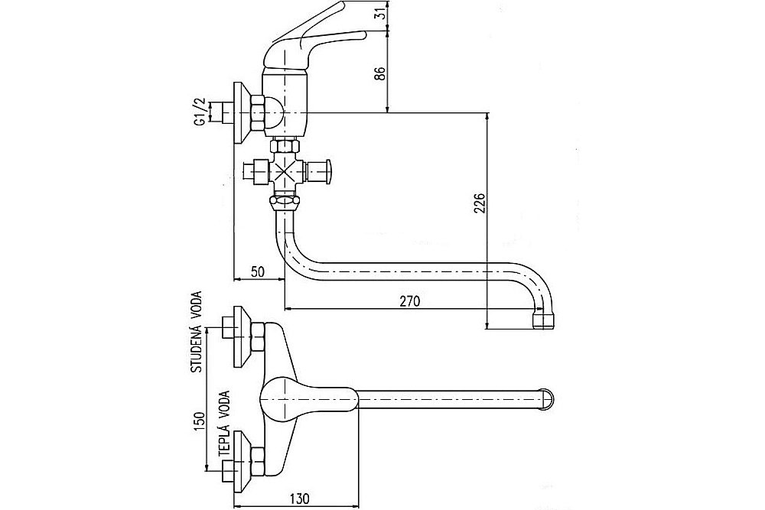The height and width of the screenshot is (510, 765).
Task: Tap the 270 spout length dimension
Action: (410, 300)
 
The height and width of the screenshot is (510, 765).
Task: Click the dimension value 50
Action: (258, 272)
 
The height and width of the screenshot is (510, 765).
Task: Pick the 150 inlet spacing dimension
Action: (199, 422)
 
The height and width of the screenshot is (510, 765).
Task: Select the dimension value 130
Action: (299, 499)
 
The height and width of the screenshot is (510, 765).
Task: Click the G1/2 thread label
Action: (199, 112)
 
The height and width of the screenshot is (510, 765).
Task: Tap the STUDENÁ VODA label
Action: (198, 332)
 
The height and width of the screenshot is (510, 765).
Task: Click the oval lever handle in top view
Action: (309, 400)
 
